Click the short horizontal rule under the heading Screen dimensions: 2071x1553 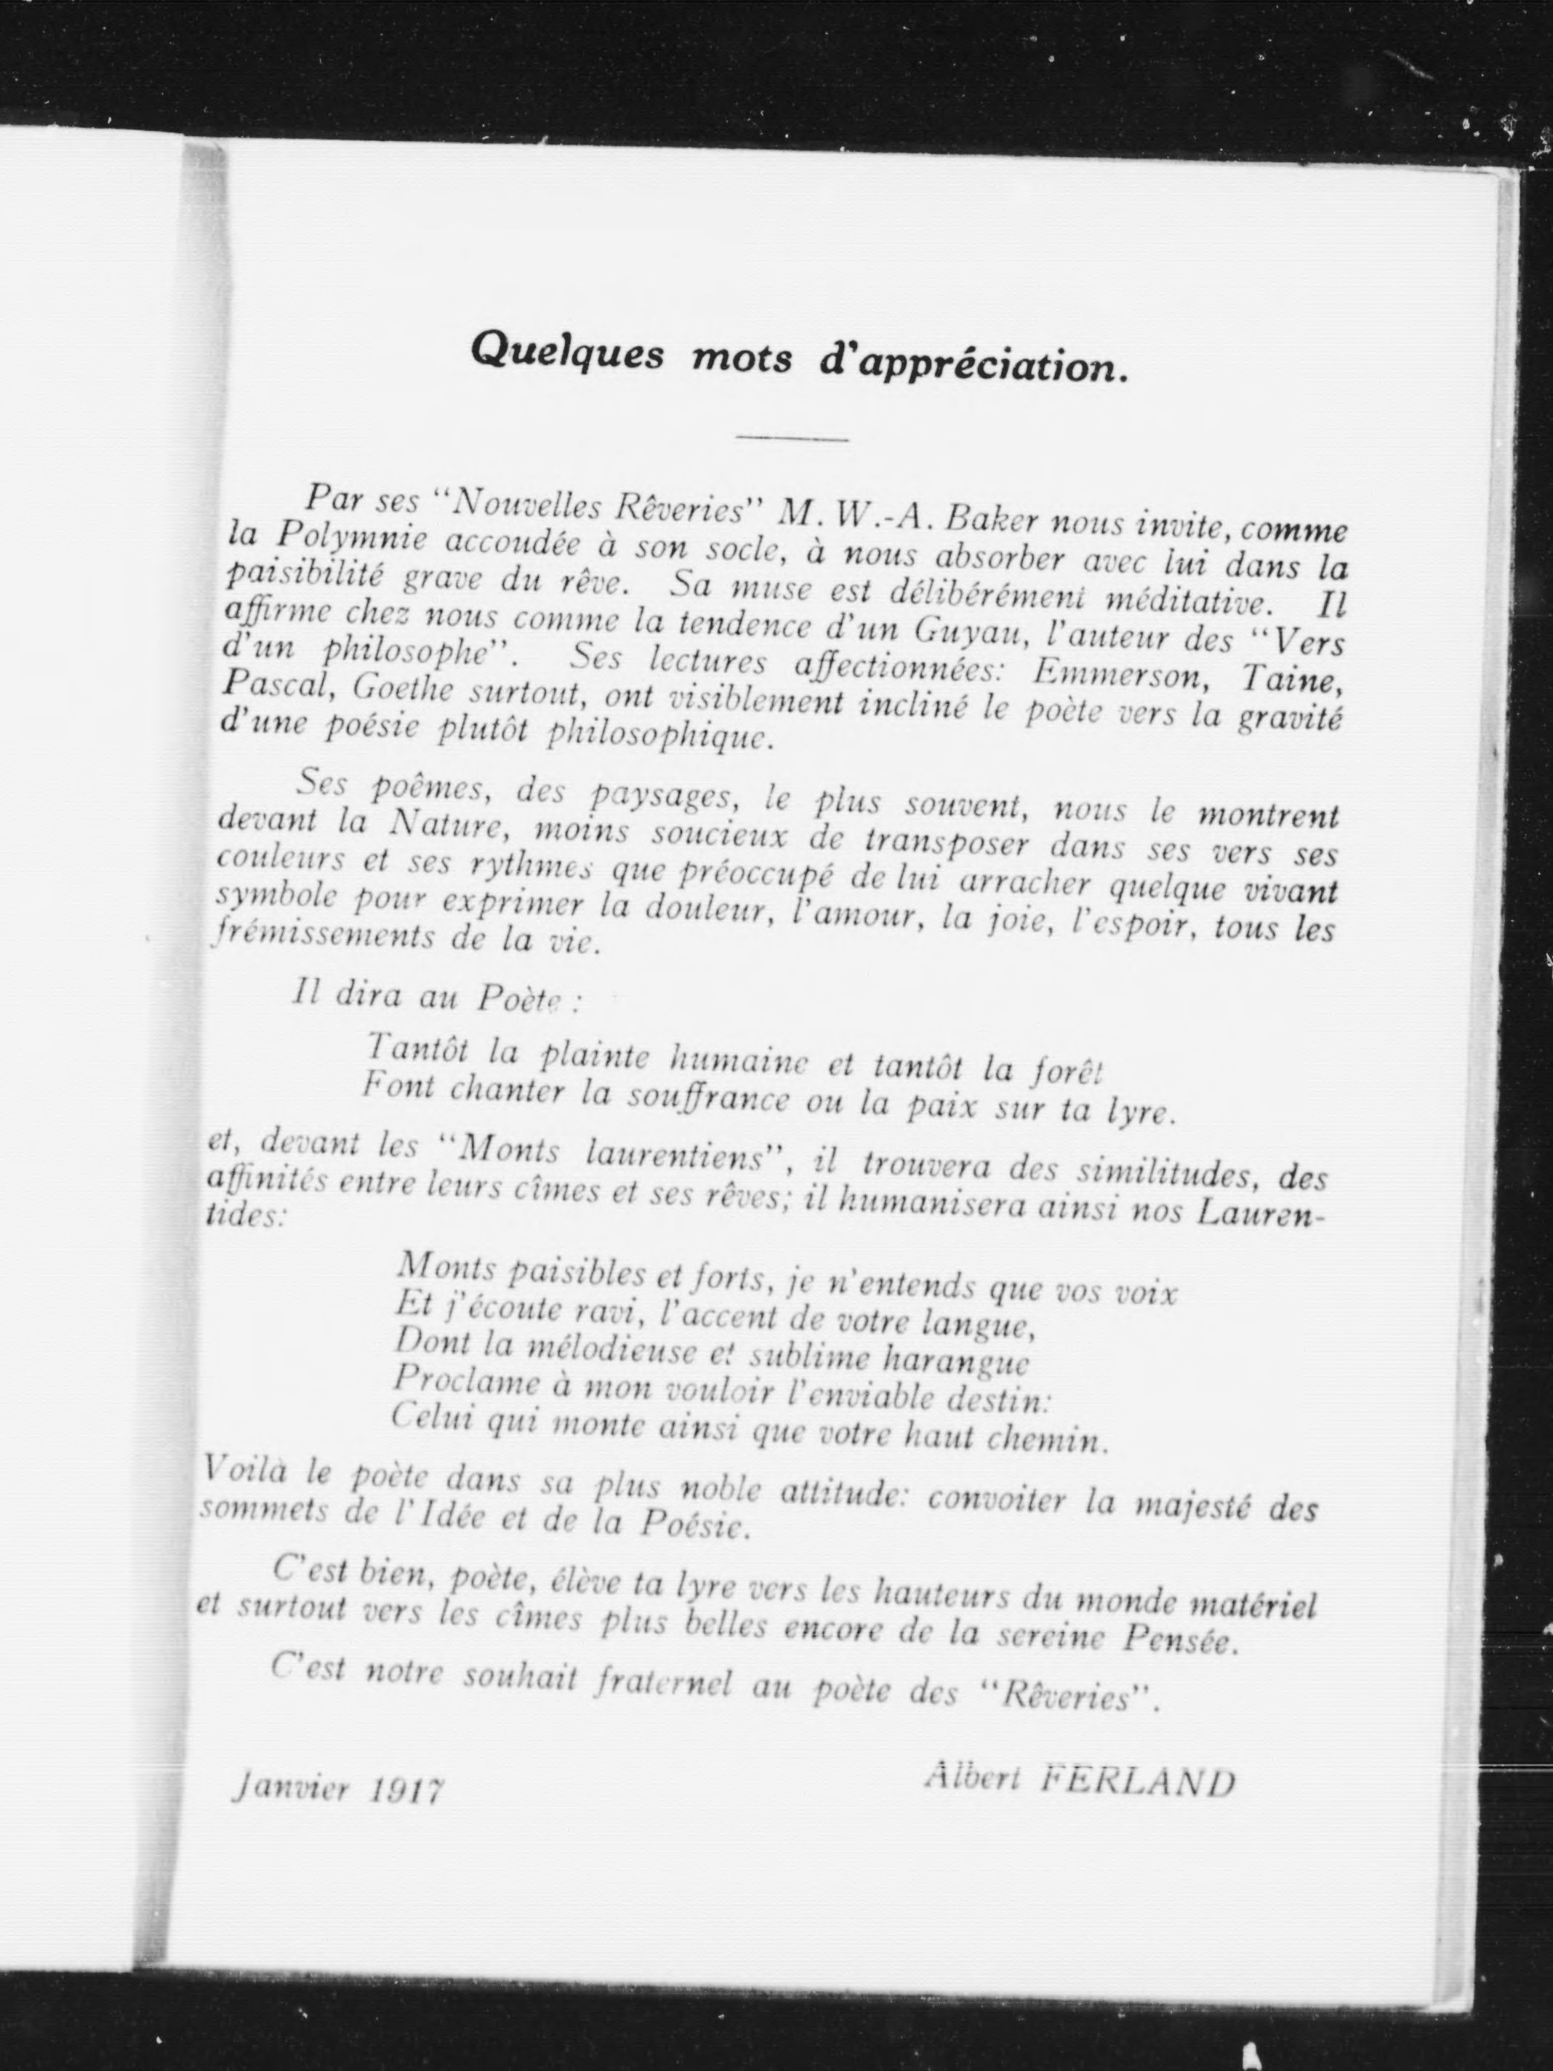(792, 437)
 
